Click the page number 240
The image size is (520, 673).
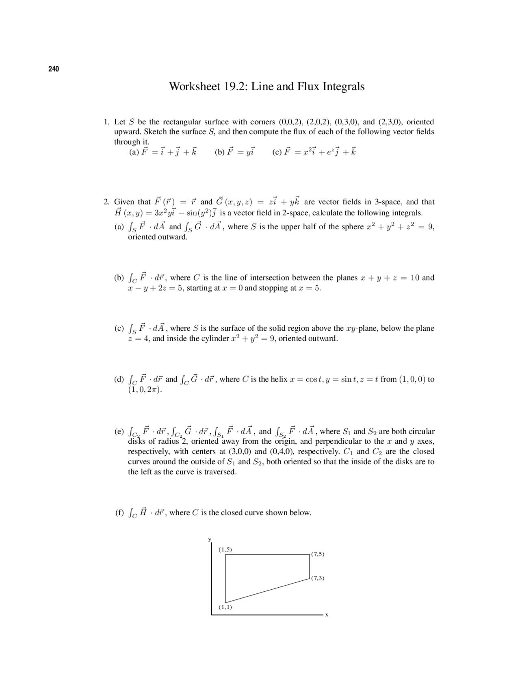[54, 69]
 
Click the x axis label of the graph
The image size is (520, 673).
[326, 615]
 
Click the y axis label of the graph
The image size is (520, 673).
[210, 540]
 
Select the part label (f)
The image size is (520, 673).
[119, 512]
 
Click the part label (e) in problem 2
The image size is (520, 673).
[119, 431]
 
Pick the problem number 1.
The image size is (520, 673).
[106, 122]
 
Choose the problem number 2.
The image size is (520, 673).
[106, 202]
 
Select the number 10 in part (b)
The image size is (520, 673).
[415, 278]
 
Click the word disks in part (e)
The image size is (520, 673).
[136, 441]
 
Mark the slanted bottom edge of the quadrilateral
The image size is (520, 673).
[267, 590]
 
